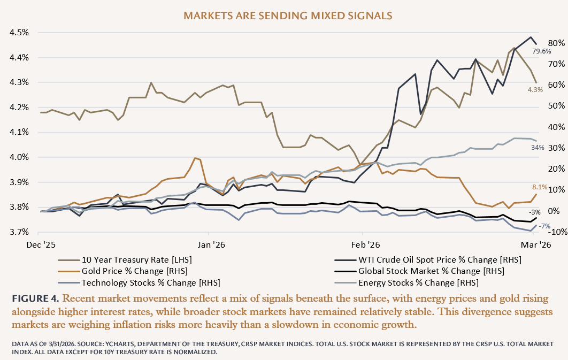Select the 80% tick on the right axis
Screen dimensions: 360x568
tap(553, 43)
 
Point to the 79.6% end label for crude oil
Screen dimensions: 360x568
tap(541, 52)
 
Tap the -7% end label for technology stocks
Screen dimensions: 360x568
tap(544, 226)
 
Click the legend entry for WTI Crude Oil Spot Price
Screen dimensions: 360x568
tap(440, 259)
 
